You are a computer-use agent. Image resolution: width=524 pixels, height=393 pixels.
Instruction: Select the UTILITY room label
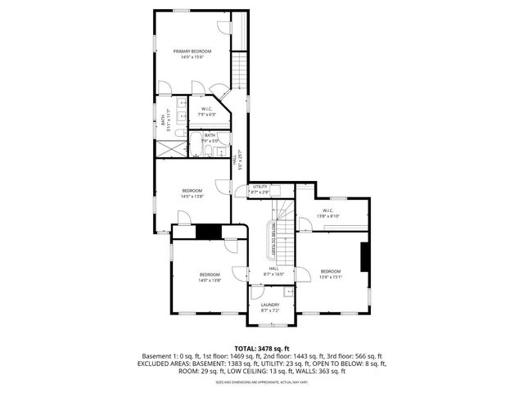[260, 187]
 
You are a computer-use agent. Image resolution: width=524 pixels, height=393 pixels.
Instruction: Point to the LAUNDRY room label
[270, 305]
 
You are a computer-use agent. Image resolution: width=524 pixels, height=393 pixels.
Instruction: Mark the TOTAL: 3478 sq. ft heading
[262, 348]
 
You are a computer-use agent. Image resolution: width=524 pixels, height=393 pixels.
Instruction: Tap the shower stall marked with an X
[170, 148]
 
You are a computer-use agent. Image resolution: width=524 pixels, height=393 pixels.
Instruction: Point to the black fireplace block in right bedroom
[365, 255]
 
